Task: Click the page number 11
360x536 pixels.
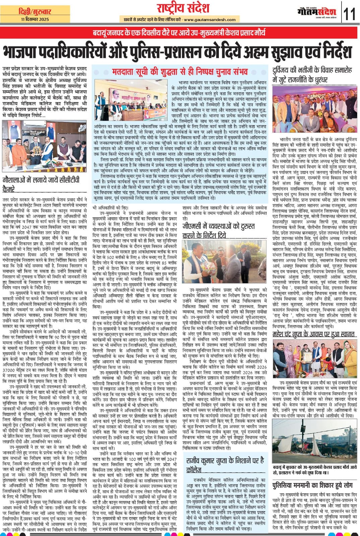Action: pyautogui.click(x=350, y=14)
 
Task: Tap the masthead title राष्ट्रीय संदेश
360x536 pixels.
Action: pyautogui.click(x=183, y=8)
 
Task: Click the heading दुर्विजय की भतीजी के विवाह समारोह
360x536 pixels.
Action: pyautogui.click(x=312, y=75)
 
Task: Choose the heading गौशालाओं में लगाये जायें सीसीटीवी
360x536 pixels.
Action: pyautogui.click(x=41, y=184)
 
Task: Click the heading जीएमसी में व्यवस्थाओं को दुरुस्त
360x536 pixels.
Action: pyautogui.click(x=219, y=230)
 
